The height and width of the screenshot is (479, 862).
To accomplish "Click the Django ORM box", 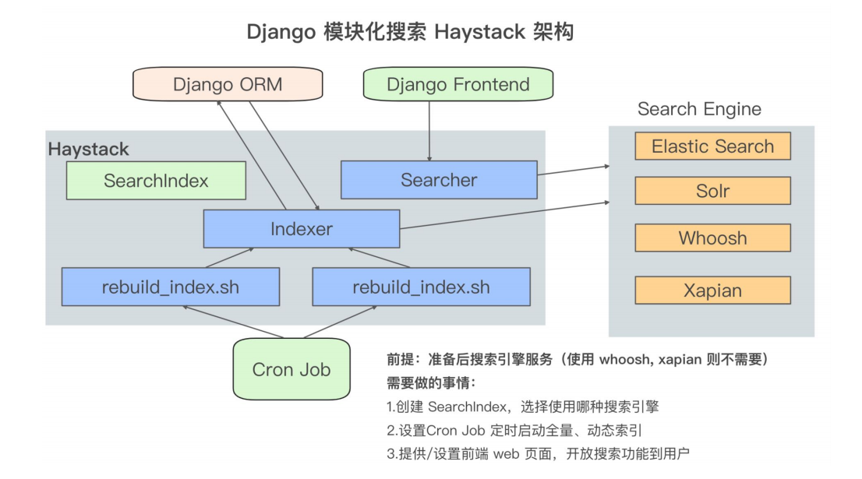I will (x=228, y=84).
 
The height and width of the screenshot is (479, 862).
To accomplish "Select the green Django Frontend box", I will (x=457, y=84).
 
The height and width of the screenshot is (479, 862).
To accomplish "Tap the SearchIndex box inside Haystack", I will (x=156, y=181).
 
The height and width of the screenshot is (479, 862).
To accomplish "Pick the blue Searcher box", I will (x=439, y=180).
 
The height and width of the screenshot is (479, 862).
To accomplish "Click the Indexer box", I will (x=301, y=229).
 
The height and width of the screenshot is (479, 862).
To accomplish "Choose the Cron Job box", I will (x=291, y=369).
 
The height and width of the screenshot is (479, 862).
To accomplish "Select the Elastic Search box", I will (x=712, y=146).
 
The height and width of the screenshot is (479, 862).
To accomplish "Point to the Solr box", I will (x=712, y=191).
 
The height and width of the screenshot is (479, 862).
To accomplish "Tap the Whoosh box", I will (x=712, y=238).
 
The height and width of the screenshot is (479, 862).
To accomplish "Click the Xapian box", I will (x=712, y=291).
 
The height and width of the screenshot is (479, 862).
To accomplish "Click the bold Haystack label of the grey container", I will (x=89, y=149).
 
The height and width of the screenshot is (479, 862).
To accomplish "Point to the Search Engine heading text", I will (x=699, y=109).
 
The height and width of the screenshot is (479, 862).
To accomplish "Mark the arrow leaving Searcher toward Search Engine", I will (x=573, y=170).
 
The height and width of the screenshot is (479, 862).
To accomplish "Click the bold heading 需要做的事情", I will (x=431, y=383).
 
